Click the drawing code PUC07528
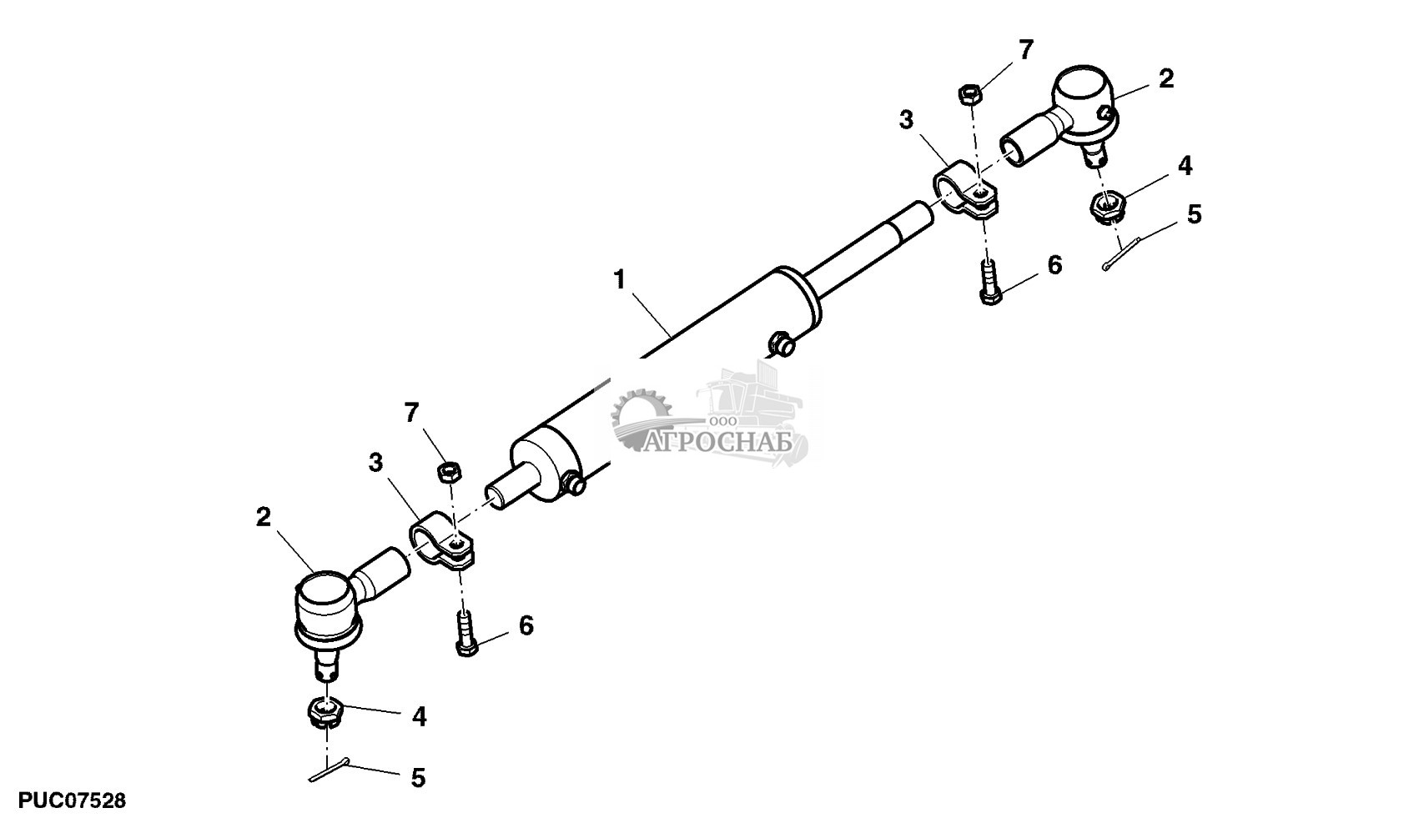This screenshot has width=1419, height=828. click(72, 800)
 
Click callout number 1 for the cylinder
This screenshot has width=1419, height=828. click(619, 279)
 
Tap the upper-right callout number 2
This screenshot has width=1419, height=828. click(1166, 78)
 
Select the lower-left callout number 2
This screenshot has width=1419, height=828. click(264, 517)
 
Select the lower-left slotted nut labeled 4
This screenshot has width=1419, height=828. click(325, 714)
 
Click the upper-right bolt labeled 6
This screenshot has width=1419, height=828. click(989, 283)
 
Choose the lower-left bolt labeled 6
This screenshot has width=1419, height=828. click(465, 634)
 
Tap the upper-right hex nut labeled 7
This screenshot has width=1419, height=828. click(970, 93)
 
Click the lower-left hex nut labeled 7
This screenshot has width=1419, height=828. click(449, 472)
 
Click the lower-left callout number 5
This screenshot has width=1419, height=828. click(418, 778)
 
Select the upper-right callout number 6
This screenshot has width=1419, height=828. click(1054, 265)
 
